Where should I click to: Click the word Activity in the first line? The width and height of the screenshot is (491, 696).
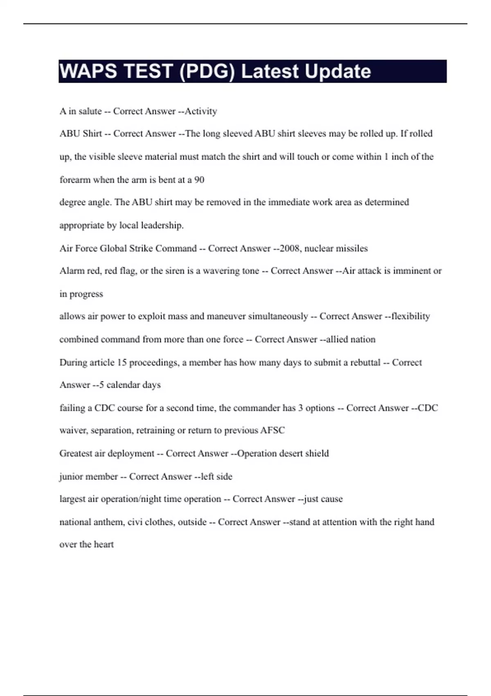(200, 111)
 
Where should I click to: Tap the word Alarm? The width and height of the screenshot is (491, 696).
(72, 271)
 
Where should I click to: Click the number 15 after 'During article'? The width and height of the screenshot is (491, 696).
(122, 363)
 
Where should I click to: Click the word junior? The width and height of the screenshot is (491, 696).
(71, 477)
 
